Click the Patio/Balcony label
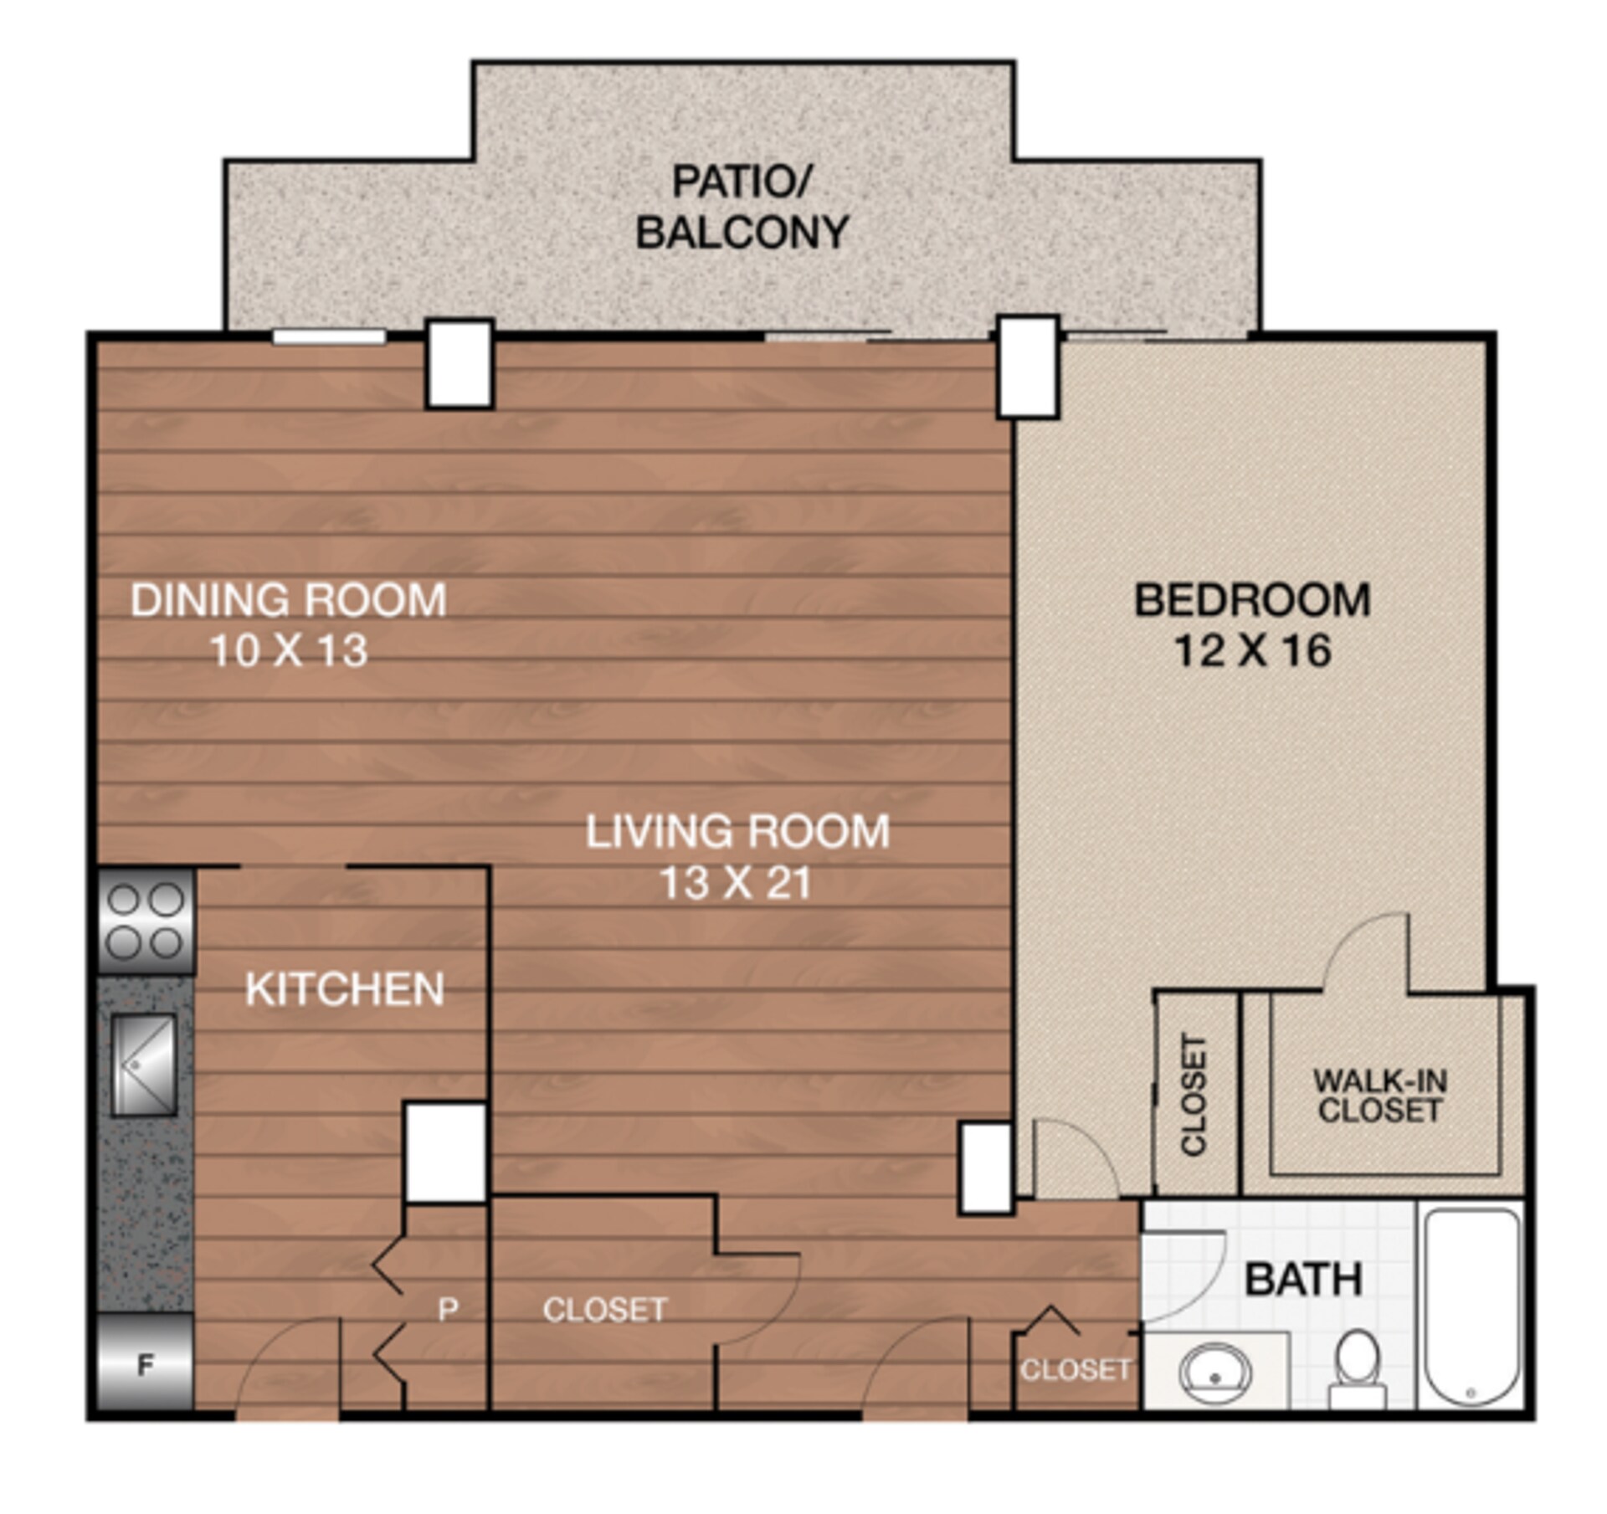coord(742,208)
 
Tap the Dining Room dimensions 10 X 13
coord(289,650)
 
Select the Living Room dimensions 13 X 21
coord(736,882)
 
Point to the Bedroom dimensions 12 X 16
coord(1252,650)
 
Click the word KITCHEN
coord(344,989)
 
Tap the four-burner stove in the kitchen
coord(146,921)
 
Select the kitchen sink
coord(143,1065)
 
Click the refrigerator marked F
coord(145,1367)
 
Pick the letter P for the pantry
coord(448,1309)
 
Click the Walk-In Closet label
coord(1379,1096)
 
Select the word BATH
coord(1303,1280)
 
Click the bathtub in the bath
coord(1471,1306)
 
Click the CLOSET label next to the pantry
coord(604,1310)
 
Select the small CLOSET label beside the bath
coord(1075,1369)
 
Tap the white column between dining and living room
coord(459,364)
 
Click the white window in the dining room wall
coord(328,336)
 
